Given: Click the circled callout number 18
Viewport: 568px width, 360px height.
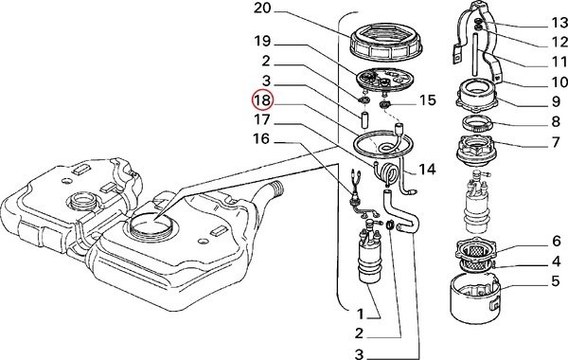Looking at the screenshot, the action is pyautogui.click(x=262, y=100).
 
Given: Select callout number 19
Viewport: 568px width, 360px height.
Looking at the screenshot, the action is pyautogui.click(x=262, y=41).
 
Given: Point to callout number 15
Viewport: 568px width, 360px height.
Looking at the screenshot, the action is pyautogui.click(x=427, y=100).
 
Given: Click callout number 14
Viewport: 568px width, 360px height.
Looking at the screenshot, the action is pyautogui.click(x=427, y=169).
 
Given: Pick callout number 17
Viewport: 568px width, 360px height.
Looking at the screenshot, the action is pyautogui.click(x=262, y=119).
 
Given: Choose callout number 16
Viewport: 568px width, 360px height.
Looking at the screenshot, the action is pyautogui.click(x=261, y=138).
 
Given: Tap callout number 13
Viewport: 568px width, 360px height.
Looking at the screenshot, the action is pyautogui.click(x=559, y=23).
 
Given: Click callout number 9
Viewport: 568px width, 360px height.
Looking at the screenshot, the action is pyautogui.click(x=557, y=102).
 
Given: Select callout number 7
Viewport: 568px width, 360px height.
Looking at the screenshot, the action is pyautogui.click(x=557, y=142).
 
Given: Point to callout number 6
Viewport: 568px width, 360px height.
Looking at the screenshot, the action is pyautogui.click(x=557, y=241).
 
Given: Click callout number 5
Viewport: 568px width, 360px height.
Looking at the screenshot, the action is pyautogui.click(x=556, y=281).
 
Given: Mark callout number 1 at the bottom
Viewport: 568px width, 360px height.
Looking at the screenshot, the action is pyautogui.click(x=360, y=314).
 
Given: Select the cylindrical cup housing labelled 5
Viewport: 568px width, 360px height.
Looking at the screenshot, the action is pyautogui.click(x=475, y=299).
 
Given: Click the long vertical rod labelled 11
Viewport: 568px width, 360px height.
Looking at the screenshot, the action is pyautogui.click(x=476, y=53).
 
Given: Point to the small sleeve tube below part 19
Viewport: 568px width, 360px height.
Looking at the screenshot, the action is pyautogui.click(x=365, y=120).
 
